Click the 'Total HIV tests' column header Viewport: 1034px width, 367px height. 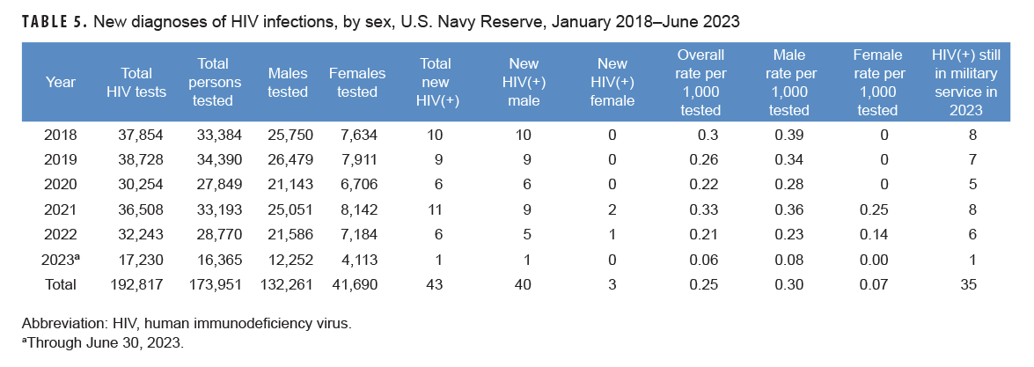(x=129, y=83)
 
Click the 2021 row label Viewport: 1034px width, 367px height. (x=61, y=209)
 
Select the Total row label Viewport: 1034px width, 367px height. (x=60, y=285)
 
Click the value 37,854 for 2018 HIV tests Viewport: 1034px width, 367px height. (x=141, y=135)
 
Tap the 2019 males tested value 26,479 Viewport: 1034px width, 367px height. (x=289, y=159)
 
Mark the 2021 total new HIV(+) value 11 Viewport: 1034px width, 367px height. (x=432, y=209)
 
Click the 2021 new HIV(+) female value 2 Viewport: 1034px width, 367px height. (x=612, y=209)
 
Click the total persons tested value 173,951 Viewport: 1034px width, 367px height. (x=216, y=285)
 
